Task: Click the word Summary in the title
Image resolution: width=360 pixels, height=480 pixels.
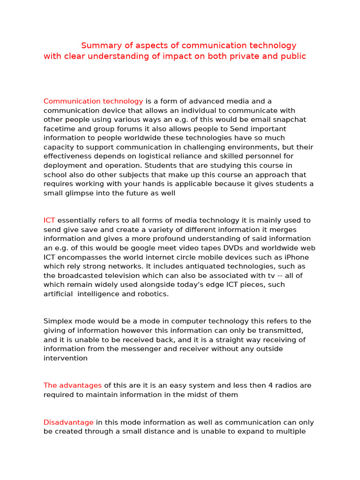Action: pos(97,45)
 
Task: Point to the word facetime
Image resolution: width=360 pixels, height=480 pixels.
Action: pos(59,129)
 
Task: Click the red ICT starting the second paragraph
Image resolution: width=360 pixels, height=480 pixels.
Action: pos(49,220)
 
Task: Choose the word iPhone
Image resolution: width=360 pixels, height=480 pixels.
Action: pos(296,257)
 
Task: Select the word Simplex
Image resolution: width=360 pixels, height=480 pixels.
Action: pos(58,322)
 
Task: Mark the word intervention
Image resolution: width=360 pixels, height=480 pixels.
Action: pos(65,358)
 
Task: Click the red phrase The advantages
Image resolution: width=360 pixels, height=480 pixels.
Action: pos(73,386)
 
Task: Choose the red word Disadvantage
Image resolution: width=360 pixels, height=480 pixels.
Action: pos(68,422)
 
